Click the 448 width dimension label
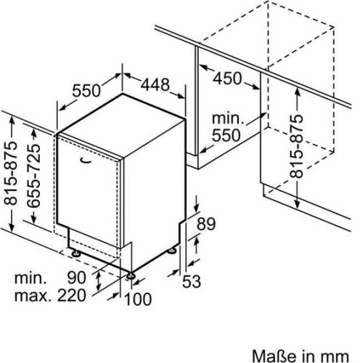155,85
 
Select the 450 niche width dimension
227,78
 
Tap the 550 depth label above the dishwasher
86,91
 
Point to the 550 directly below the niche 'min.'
227,135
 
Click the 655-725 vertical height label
33,176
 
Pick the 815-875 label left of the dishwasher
11,173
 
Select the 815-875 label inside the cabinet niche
296,146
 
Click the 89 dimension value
206,224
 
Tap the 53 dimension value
192,281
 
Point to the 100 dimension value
138,299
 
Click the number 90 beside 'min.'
76,277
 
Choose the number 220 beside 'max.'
72,295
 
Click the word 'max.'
33,295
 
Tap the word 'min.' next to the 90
30,278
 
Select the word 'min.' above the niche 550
228,118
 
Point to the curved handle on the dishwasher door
86,160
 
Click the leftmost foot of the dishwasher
76,253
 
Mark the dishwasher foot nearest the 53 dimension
172,250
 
